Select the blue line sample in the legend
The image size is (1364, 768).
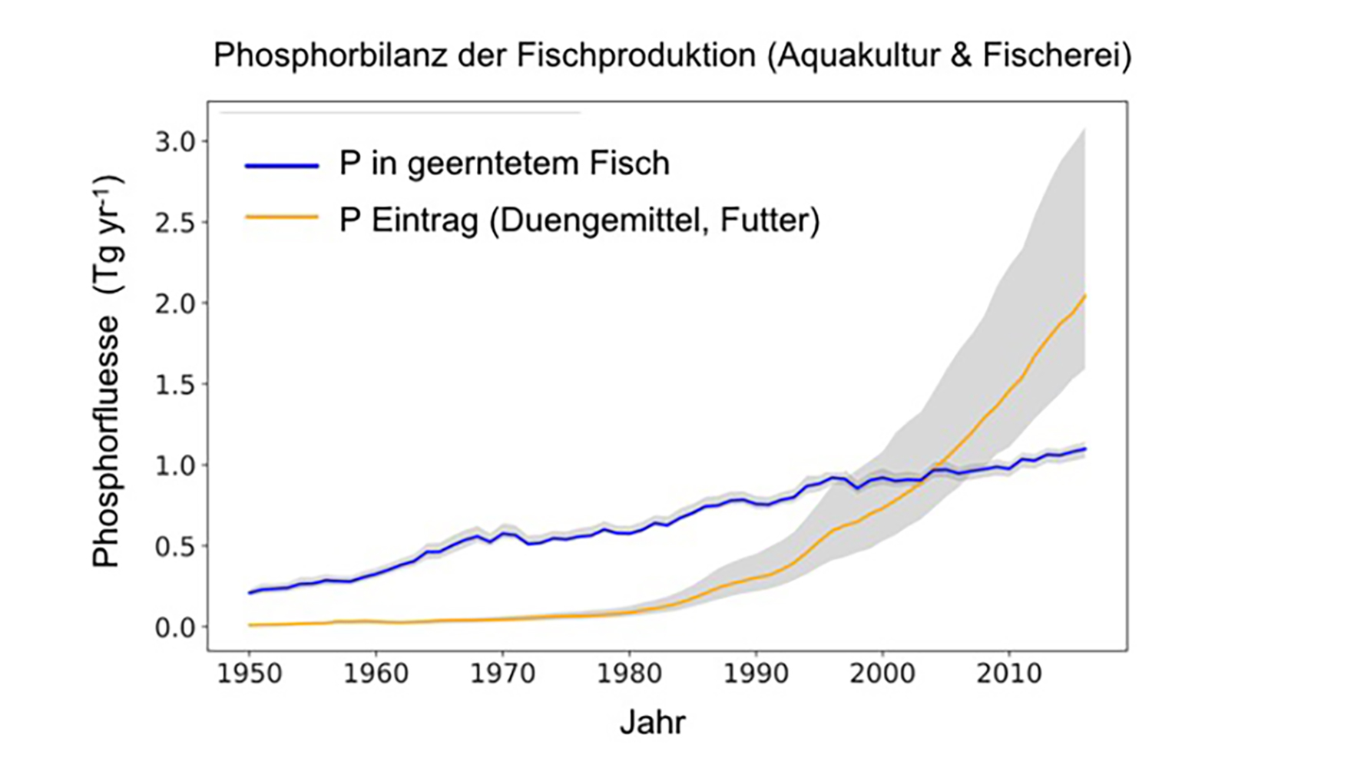(x=282, y=165)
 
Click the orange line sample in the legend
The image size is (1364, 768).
(x=282, y=218)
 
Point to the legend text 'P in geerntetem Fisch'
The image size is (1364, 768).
(x=504, y=164)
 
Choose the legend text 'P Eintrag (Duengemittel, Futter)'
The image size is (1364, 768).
(x=579, y=220)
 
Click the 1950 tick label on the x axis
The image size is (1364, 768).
(x=249, y=674)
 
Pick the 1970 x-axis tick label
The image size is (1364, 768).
(x=502, y=674)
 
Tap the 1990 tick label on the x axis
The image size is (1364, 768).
(x=756, y=674)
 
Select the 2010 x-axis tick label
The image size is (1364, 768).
(x=1009, y=674)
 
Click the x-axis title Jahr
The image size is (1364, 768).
(x=652, y=723)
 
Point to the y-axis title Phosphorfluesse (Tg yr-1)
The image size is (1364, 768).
(x=107, y=372)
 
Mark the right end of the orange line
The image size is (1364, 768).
(x=1084, y=296)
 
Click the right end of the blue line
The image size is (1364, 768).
(x=1084, y=449)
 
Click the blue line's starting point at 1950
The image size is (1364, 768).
(x=250, y=593)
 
